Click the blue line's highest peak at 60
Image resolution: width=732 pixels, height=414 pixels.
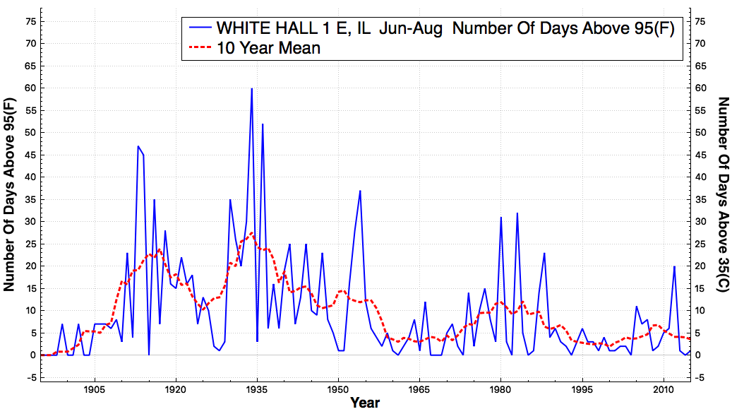[251, 88]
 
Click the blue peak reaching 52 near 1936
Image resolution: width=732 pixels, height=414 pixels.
[263, 124]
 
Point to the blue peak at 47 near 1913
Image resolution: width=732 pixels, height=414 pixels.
[138, 146]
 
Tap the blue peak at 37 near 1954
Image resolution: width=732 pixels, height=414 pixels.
[360, 191]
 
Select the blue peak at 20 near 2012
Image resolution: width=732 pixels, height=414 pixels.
[674, 266]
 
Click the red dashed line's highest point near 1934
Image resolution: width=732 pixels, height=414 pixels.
[251, 232]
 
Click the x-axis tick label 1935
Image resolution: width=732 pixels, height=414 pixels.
[257, 390]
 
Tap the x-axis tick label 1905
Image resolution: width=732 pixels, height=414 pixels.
[95, 390]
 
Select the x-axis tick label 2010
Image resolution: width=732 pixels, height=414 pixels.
[664, 390]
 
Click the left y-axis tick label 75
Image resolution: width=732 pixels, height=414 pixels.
[30, 21]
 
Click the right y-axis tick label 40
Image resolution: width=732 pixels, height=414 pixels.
[701, 177]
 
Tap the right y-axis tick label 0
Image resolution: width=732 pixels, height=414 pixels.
[698, 355]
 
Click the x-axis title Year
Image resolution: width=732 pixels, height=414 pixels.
[365, 403]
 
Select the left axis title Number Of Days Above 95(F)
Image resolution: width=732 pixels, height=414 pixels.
[9, 194]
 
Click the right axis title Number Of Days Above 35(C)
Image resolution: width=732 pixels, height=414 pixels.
[723, 194]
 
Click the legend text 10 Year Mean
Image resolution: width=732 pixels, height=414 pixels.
[268, 48]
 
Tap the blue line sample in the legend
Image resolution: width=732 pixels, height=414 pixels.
[200, 28]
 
